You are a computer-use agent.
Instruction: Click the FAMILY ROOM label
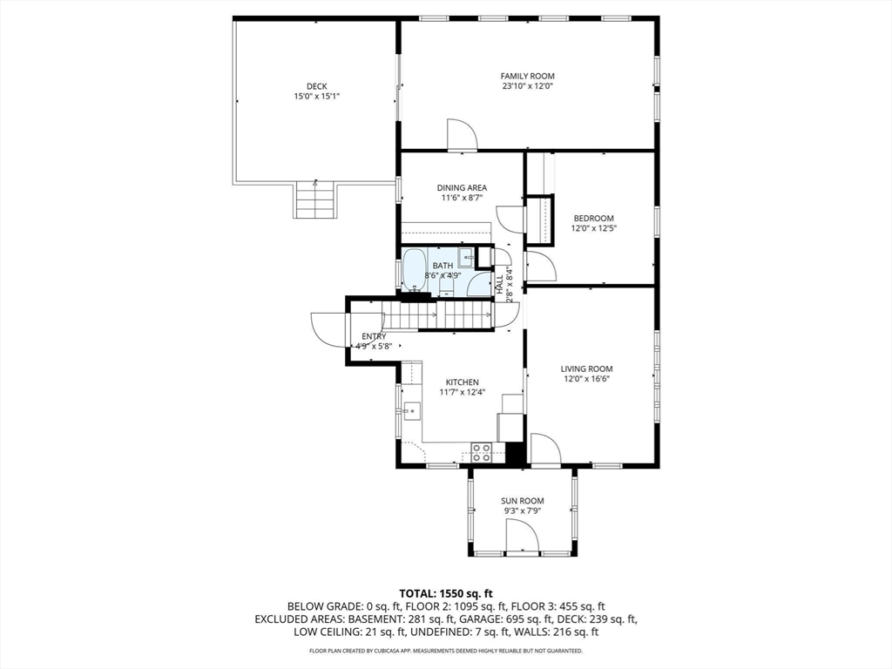pyautogui.click(x=527, y=76)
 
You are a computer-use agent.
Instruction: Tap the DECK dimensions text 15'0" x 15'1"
pyautogui.click(x=316, y=97)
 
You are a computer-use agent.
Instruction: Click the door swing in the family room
pyautogui.click(x=461, y=135)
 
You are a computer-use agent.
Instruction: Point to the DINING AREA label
pyautogui.click(x=462, y=187)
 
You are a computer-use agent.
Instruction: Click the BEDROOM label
pyautogui.click(x=593, y=218)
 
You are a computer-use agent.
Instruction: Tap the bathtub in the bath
pyautogui.click(x=414, y=271)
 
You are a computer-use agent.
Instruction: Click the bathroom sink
pyautogui.click(x=466, y=257)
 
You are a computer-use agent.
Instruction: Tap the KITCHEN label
pyautogui.click(x=463, y=382)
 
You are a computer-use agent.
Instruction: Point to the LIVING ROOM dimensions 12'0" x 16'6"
pyautogui.click(x=586, y=380)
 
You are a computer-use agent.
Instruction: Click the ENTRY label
pyautogui.click(x=374, y=336)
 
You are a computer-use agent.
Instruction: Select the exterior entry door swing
pyautogui.click(x=328, y=329)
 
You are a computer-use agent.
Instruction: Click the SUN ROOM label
pyautogui.click(x=522, y=501)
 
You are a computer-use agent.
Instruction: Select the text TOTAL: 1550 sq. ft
pyautogui.click(x=445, y=593)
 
